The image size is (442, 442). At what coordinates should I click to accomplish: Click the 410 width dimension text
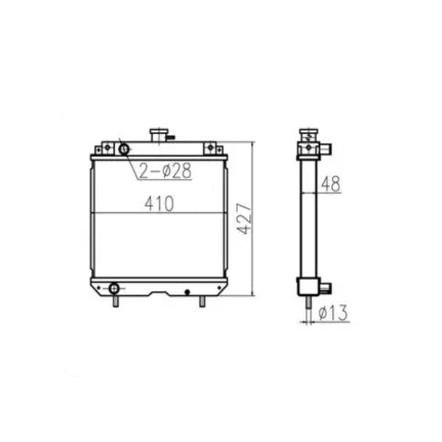point(159,204)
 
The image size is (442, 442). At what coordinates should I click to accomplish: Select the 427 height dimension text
point(245,219)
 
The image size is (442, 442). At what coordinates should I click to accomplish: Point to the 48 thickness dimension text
point(331,185)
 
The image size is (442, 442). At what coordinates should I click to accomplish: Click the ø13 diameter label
point(334,315)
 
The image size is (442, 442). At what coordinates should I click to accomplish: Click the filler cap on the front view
point(159,136)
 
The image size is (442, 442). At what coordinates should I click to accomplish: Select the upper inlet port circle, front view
point(124,150)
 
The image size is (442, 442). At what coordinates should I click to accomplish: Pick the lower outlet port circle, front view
point(114,287)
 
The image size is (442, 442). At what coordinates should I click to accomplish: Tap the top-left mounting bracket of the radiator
point(108,148)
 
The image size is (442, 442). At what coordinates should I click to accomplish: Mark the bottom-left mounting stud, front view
point(116,301)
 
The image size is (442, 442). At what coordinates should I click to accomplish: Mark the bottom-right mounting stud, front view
point(202,301)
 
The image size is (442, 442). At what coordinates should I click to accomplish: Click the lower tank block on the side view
point(307,286)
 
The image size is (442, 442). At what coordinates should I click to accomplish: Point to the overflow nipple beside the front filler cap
point(171,136)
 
